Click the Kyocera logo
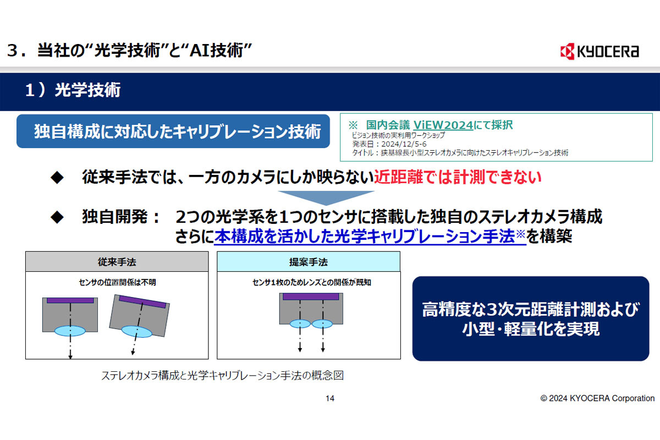click(x=599, y=51)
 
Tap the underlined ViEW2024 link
click(x=443, y=125)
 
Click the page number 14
click(x=329, y=398)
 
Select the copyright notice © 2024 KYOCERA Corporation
click(x=597, y=398)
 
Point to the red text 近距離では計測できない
click(x=458, y=177)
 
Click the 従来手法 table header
click(x=117, y=261)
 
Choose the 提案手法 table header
click(x=309, y=261)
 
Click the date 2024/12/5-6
click(x=404, y=144)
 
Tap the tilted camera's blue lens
click(x=137, y=331)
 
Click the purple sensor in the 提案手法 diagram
click(x=311, y=296)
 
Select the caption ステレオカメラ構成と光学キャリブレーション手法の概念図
click(x=222, y=376)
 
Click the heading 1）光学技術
click(x=73, y=90)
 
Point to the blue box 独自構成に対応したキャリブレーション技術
click(x=173, y=131)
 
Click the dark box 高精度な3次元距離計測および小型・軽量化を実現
click(x=531, y=318)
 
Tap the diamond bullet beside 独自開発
click(x=57, y=217)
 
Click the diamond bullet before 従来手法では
click(x=57, y=178)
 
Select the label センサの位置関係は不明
click(x=117, y=282)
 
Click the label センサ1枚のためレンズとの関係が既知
click(x=311, y=282)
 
